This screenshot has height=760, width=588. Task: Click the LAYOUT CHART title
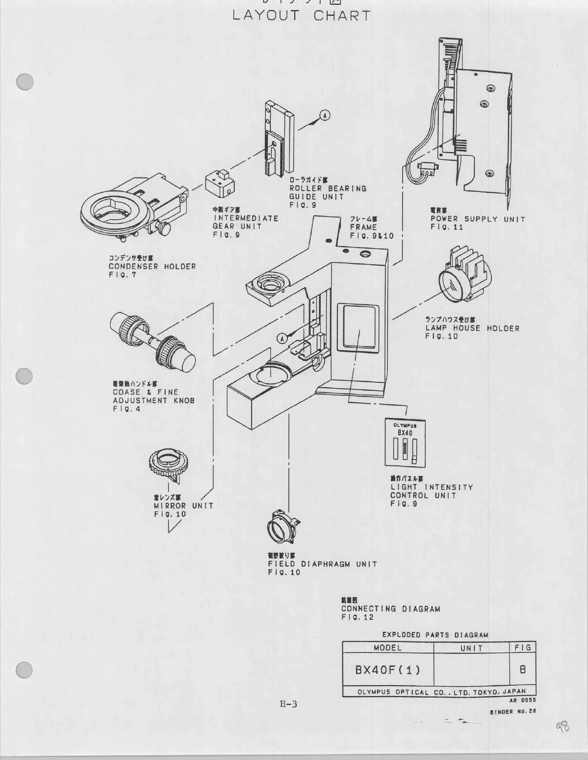[x=301, y=15]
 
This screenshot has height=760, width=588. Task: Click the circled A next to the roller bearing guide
[x=325, y=115]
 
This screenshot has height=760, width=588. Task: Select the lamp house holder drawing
[x=464, y=279]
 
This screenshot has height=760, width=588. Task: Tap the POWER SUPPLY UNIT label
[x=478, y=219]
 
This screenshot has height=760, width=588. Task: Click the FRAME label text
[x=363, y=227]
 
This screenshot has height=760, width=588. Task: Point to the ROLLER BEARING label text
[x=328, y=189]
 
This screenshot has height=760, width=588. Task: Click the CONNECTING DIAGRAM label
[x=390, y=609]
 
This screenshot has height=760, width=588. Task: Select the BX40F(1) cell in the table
[x=387, y=669]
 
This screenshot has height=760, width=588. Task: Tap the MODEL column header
[x=387, y=647]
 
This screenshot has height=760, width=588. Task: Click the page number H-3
[x=288, y=704]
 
